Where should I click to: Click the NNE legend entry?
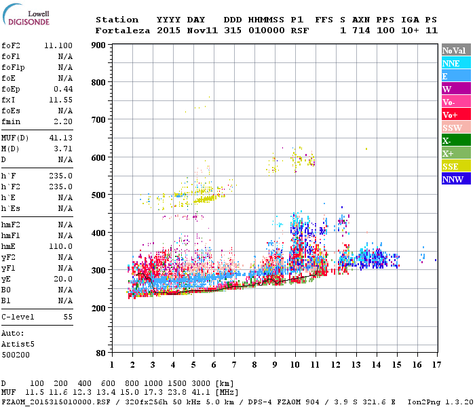pyautogui.click(x=455, y=63)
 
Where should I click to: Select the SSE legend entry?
pyautogui.click(x=455, y=166)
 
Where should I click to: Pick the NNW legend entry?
pyautogui.click(x=455, y=179)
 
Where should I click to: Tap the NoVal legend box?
pyautogui.click(x=455, y=50)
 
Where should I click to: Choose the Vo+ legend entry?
pyautogui.click(x=455, y=115)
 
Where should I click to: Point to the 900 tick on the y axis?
pyautogui.click(x=98, y=45)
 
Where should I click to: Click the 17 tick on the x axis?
pyautogui.click(x=436, y=364)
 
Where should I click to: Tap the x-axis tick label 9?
pyautogui.click(x=275, y=364)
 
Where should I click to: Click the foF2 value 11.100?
pyautogui.click(x=58, y=44)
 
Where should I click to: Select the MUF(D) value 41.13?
pyautogui.click(x=61, y=138)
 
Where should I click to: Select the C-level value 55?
pyautogui.click(x=68, y=317)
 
